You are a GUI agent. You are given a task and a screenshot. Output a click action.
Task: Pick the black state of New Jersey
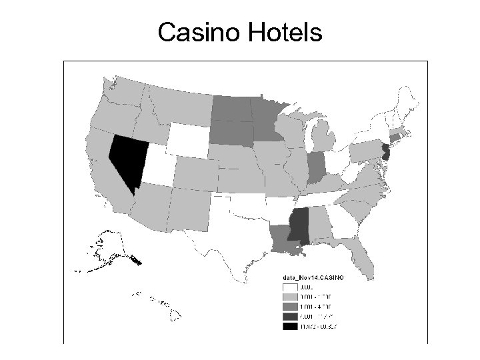tap(385, 152)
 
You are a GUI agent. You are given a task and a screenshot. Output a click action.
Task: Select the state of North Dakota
tap(231, 107)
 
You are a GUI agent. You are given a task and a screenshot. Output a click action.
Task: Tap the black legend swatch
tap(291, 327)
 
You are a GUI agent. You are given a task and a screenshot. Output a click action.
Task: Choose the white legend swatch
tap(291, 286)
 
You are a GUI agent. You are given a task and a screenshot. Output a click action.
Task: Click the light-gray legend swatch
tap(291, 296)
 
